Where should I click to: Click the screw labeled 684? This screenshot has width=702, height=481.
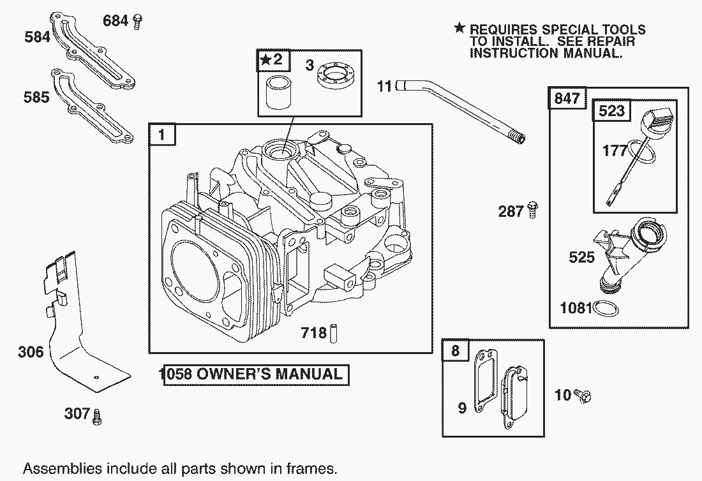pyautogui.click(x=137, y=22)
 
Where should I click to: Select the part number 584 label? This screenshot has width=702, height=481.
pyautogui.click(x=37, y=37)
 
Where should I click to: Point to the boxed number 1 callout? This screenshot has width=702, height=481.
pyautogui.click(x=161, y=135)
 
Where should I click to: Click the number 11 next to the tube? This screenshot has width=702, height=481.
pyautogui.click(x=384, y=85)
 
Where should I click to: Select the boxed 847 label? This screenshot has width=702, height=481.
pyautogui.click(x=567, y=98)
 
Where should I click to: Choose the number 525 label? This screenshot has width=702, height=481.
pyautogui.click(x=581, y=257)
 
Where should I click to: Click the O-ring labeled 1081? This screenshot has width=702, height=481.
pyautogui.click(x=606, y=309)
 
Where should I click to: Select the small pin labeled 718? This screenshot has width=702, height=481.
pyautogui.click(x=340, y=333)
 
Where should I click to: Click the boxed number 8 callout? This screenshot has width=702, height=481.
pyautogui.click(x=455, y=351)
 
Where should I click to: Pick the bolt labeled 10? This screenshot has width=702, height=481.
pyautogui.click(x=583, y=396)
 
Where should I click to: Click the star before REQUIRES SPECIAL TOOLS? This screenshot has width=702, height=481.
pyautogui.click(x=459, y=28)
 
